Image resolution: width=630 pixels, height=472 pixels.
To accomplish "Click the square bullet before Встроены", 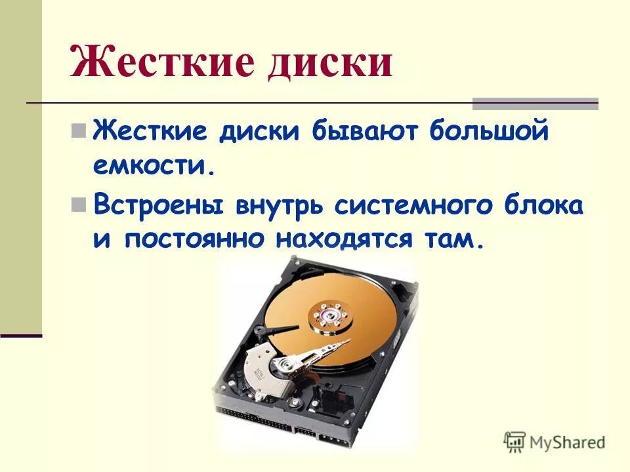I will click(x=79, y=205).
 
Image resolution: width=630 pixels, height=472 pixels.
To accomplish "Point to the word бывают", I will click(x=369, y=131).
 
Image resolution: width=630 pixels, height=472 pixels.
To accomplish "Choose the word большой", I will click(x=488, y=131).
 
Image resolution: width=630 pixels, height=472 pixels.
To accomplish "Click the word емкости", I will click(x=154, y=167).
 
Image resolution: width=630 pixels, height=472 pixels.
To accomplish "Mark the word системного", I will click(x=411, y=205).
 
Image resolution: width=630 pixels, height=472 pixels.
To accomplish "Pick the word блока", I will click(x=541, y=205).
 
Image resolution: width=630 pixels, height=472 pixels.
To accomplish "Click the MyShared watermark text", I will click(x=568, y=442).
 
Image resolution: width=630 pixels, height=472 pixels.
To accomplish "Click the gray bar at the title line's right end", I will click(x=535, y=104).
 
